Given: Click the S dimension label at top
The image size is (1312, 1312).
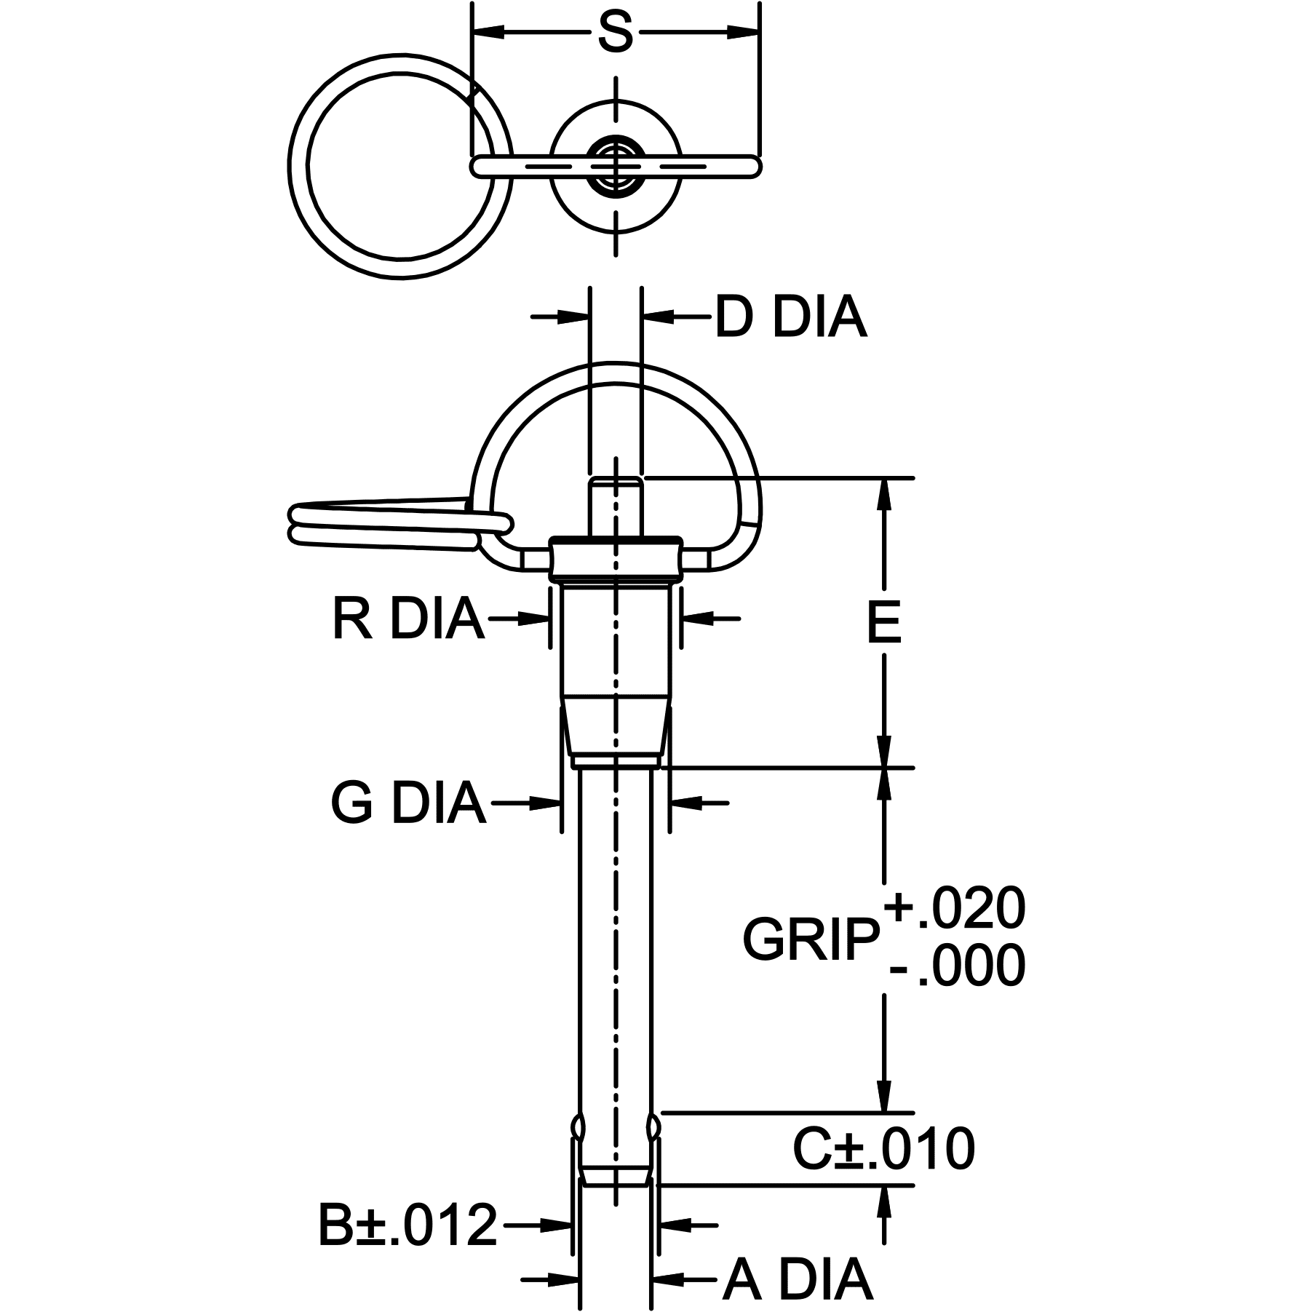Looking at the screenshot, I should click(x=615, y=33).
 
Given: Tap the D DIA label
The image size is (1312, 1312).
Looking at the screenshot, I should click(x=791, y=317).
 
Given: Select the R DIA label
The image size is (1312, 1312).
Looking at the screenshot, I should click(x=407, y=619).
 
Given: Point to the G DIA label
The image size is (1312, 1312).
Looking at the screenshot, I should click(x=407, y=803).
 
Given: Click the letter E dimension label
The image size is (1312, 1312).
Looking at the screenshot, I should click(x=884, y=624).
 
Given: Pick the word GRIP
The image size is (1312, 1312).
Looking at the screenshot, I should click(x=811, y=940).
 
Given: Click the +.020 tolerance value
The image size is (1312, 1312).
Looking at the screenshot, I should click(x=955, y=910).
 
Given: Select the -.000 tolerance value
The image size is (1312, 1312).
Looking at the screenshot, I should click(x=956, y=968).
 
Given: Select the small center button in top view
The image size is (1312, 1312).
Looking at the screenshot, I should click(x=616, y=167).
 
